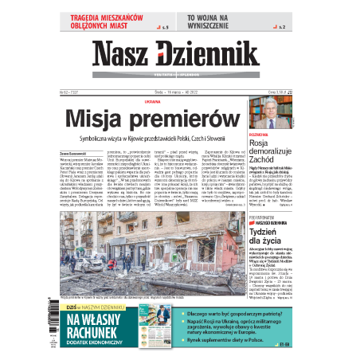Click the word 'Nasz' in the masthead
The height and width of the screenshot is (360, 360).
tap(121, 57)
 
